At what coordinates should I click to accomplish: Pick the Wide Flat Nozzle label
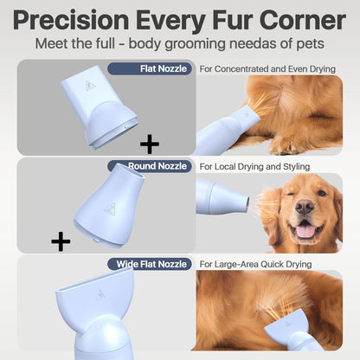click(150, 263)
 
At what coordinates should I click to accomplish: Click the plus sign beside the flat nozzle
click(150, 143)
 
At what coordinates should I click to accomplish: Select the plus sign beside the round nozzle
click(61, 241)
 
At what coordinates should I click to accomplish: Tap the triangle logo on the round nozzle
click(110, 209)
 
